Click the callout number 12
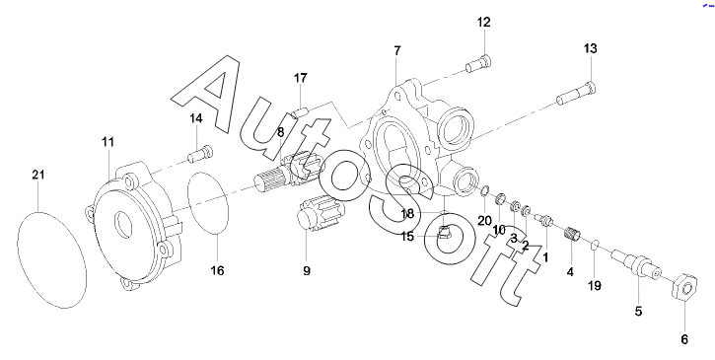pyautogui.click(x=484, y=22)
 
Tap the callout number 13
pyautogui.click(x=590, y=48)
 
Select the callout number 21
pyautogui.click(x=38, y=175)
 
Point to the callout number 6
pyautogui.click(x=684, y=339)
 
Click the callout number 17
pyautogui.click(x=301, y=78)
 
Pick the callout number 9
pyautogui.click(x=307, y=271)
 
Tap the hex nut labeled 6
pyautogui.click(x=684, y=287)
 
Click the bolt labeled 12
pyautogui.click(x=478, y=64)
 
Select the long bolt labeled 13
pyautogui.click(x=576, y=93)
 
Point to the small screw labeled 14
pyautogui.click(x=200, y=153)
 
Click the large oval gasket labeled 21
pyautogui.click(x=51, y=259)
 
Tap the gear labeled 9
pyautogui.click(x=321, y=213)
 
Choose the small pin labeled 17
pyautogui.click(x=300, y=111)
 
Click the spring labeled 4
pyautogui.click(x=572, y=234)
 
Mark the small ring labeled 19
pyautogui.click(x=595, y=246)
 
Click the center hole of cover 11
pyautogui.click(x=123, y=224)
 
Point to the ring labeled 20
pyautogui.click(x=485, y=189)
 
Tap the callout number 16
pyautogui.click(x=218, y=271)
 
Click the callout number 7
pyautogui.click(x=397, y=50)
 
